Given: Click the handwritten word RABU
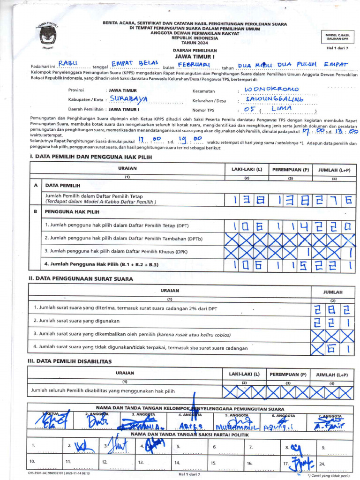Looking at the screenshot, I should (68, 63).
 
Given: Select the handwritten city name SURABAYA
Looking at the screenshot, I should (129, 99).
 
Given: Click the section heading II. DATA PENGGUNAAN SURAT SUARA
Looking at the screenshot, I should (81, 279).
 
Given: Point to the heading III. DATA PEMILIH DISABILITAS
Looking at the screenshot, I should (70, 361).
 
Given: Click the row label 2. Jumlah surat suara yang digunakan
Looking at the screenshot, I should (76, 321).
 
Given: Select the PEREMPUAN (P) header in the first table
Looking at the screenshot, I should (290, 169).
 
